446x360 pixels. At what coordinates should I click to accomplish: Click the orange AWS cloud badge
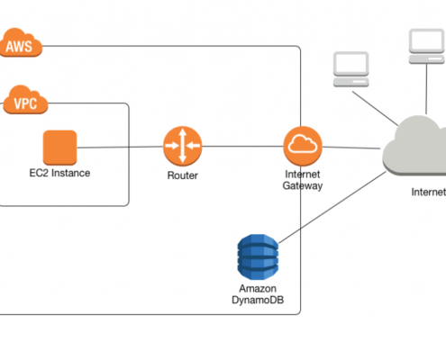coord(20,42)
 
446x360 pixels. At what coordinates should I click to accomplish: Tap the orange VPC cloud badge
coord(25,100)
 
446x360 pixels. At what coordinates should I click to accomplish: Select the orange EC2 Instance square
coord(60,148)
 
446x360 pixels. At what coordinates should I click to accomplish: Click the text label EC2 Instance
coord(59,173)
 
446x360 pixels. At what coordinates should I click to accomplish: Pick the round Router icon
coord(183,146)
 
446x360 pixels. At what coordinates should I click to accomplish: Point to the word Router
coord(183,175)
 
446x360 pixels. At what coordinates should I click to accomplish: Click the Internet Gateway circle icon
coord(303,146)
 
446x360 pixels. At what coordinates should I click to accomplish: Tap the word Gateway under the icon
coord(303,185)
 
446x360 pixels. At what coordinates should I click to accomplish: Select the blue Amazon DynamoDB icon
coord(258,257)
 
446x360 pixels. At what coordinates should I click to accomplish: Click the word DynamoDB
coord(258,300)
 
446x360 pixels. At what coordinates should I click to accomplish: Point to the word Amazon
coord(258,289)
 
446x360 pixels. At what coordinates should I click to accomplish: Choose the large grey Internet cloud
coord(414,147)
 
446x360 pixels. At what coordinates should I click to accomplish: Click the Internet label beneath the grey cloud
coord(429,192)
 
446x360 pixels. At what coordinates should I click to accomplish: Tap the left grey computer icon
coord(351,69)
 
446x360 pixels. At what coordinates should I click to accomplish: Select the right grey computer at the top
coord(427,46)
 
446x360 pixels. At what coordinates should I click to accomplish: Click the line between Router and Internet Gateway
coord(242,147)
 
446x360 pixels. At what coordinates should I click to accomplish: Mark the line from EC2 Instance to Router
coord(120,147)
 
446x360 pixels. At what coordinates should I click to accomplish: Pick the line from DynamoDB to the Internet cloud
coord(332,207)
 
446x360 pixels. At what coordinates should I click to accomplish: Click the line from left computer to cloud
coord(375,109)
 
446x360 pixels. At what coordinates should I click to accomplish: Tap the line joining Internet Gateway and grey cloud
coord(351,148)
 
